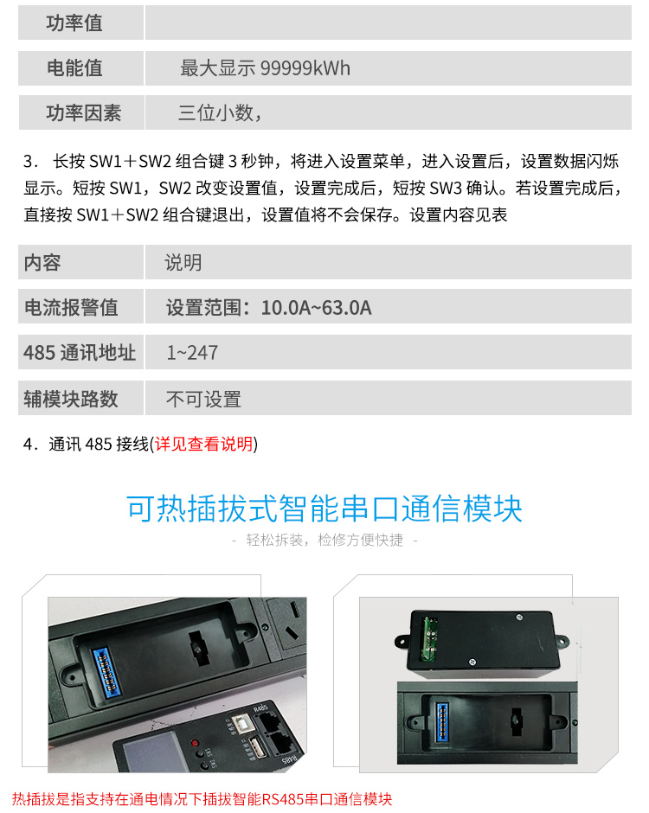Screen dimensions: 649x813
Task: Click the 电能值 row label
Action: click(x=74, y=68)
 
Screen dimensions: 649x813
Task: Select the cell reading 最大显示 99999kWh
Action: click(x=265, y=68)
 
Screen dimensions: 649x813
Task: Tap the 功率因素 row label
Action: click(x=84, y=112)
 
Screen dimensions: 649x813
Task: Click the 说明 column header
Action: click(x=183, y=262)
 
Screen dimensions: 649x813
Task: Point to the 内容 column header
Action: click(x=42, y=262)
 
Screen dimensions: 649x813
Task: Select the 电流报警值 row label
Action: click(x=71, y=307)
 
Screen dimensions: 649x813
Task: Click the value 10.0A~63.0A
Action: click(x=317, y=307)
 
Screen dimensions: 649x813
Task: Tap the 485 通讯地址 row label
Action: click(x=80, y=353)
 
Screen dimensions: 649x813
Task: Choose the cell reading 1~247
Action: click(x=192, y=353)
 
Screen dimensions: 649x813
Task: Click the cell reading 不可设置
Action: click(x=203, y=399)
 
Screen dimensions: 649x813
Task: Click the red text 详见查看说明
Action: click(x=204, y=444)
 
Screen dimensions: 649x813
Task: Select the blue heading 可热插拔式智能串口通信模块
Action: click(x=324, y=509)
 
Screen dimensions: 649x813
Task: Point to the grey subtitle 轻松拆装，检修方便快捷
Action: click(x=324, y=540)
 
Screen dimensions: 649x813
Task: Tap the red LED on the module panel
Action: click(x=195, y=742)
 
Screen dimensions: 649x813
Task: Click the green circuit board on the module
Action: click(x=429, y=639)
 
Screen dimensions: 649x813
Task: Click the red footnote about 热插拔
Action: click(x=202, y=799)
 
